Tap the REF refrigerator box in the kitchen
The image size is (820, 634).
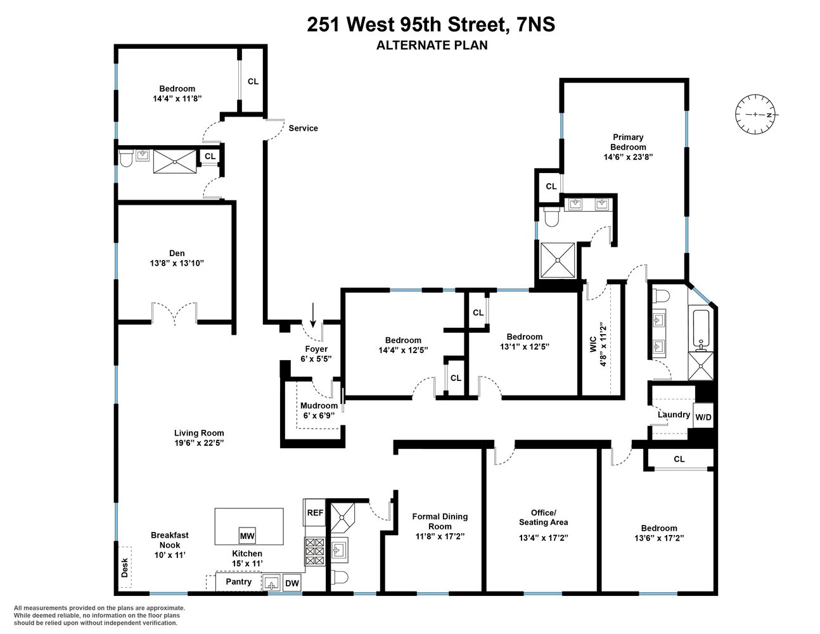pyautogui.click(x=315, y=513)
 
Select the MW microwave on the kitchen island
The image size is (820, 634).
pyautogui.click(x=247, y=536)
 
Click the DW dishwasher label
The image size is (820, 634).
pyautogui.click(x=291, y=583)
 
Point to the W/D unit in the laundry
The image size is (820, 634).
pyautogui.click(x=703, y=417)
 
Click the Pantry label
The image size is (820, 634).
pyautogui.click(x=238, y=581)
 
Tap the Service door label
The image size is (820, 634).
pyautogui.click(x=303, y=128)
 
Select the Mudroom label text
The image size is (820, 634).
pyautogui.click(x=319, y=406)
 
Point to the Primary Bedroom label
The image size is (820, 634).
pyautogui.click(x=628, y=142)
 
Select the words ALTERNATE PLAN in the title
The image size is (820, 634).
pyautogui.click(x=432, y=45)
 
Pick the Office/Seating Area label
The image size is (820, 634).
pyautogui.click(x=543, y=517)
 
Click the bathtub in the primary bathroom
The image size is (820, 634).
pyautogui.click(x=700, y=328)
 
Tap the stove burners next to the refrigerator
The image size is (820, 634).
pyautogui.click(x=314, y=551)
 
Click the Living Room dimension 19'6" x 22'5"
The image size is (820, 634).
pyautogui.click(x=199, y=443)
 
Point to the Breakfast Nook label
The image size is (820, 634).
pyautogui.click(x=169, y=540)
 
